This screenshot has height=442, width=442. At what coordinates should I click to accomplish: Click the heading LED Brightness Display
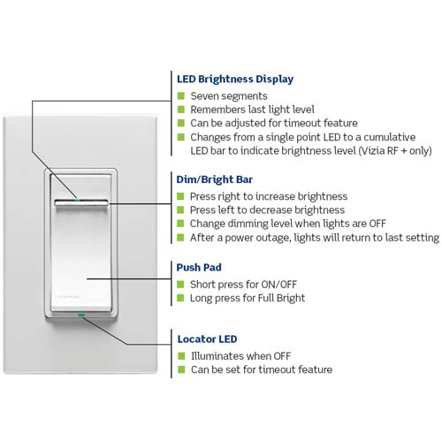tap(235, 79)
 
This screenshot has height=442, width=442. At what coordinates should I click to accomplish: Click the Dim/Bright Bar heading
tap(219, 179)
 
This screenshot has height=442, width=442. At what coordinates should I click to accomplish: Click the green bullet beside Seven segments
tap(181, 95)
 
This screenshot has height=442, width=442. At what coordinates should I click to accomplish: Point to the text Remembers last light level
tap(254, 110)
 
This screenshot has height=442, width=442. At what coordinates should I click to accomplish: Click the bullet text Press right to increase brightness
tap(269, 196)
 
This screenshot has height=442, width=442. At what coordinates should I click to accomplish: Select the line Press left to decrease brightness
tap(268, 210)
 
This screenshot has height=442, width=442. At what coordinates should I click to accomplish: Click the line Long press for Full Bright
tap(248, 298)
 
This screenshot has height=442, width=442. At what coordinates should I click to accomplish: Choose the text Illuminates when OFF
tap(243, 355)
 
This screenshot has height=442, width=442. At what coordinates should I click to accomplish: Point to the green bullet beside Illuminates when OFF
tap(181, 355)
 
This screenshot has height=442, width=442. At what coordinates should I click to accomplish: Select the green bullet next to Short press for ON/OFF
tap(181, 284)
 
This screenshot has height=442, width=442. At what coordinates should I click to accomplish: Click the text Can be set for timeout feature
tap(262, 370)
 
